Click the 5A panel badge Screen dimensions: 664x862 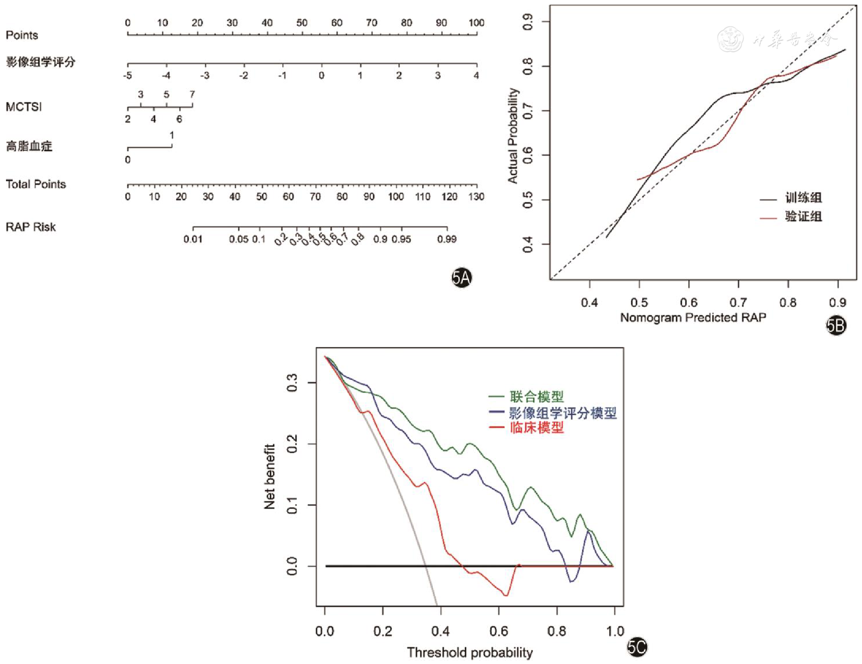[461, 278]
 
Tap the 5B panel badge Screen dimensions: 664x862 [836, 325]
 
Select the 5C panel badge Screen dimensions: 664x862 [637, 647]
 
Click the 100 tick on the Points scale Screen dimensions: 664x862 [477, 23]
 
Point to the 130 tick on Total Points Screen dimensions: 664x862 [477, 197]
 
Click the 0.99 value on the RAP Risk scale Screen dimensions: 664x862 [447, 240]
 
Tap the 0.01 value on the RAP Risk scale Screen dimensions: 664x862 [193, 240]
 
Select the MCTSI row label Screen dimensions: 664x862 [24, 107]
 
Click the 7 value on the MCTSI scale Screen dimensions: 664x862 [192, 94]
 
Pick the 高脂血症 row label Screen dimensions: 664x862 [29, 147]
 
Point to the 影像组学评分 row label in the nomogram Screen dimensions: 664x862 [40, 62]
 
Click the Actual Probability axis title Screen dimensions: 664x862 [513, 136]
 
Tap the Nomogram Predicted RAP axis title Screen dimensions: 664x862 [693, 318]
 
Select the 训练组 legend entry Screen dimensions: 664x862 [803, 198]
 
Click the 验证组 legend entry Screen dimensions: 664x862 [803, 217]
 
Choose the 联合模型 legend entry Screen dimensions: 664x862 [537, 397]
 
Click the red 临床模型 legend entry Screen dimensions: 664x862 [537, 427]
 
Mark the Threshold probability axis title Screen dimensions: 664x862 [470, 653]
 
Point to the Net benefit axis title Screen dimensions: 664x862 [269, 476]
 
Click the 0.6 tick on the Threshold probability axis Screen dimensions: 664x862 [499, 631]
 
